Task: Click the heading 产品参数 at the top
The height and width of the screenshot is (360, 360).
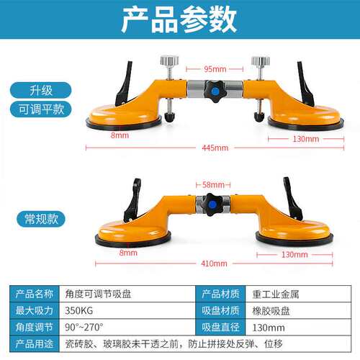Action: (179, 19)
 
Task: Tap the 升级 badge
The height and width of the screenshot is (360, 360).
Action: (40, 90)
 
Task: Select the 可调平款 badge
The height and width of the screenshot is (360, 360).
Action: (41, 109)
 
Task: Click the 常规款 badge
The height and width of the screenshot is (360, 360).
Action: (41, 219)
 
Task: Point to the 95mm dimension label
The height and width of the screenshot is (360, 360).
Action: (215, 69)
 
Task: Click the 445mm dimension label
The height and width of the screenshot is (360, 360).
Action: (215, 148)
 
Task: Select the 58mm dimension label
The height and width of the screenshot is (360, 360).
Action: (213, 184)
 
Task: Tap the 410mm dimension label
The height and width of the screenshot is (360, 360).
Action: (214, 264)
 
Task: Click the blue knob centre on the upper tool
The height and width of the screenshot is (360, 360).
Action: (215, 91)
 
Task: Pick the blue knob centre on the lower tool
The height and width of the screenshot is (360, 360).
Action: (212, 204)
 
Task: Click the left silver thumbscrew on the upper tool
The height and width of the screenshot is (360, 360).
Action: (169, 60)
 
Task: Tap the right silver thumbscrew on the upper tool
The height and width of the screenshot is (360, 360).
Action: (261, 60)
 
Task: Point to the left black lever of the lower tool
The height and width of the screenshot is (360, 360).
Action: (132, 199)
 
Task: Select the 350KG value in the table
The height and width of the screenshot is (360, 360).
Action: (79, 310)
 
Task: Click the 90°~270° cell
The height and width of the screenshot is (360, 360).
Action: (84, 327)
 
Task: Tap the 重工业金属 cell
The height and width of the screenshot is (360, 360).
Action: (276, 294)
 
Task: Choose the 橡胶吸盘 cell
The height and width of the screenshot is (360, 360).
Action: (271, 311)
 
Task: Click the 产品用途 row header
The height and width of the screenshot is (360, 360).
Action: (35, 344)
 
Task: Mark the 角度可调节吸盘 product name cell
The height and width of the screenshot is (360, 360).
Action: (98, 294)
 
